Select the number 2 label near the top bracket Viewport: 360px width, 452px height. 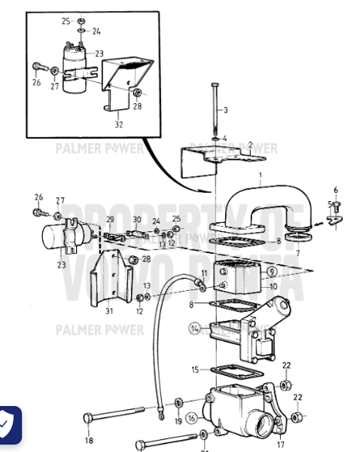[x=250, y=144]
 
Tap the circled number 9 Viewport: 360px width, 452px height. [x=272, y=270]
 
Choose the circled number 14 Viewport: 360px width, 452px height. [x=196, y=328]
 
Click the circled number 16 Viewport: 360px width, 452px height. [x=191, y=417]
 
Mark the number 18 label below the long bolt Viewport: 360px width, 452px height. [x=90, y=441]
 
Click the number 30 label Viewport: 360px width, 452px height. [x=137, y=219]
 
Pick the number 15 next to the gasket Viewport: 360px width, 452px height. [x=195, y=370]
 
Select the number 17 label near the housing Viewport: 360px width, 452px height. [x=280, y=433]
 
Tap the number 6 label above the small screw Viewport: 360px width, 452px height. [x=336, y=190]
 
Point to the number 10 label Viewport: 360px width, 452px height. [x=273, y=287]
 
